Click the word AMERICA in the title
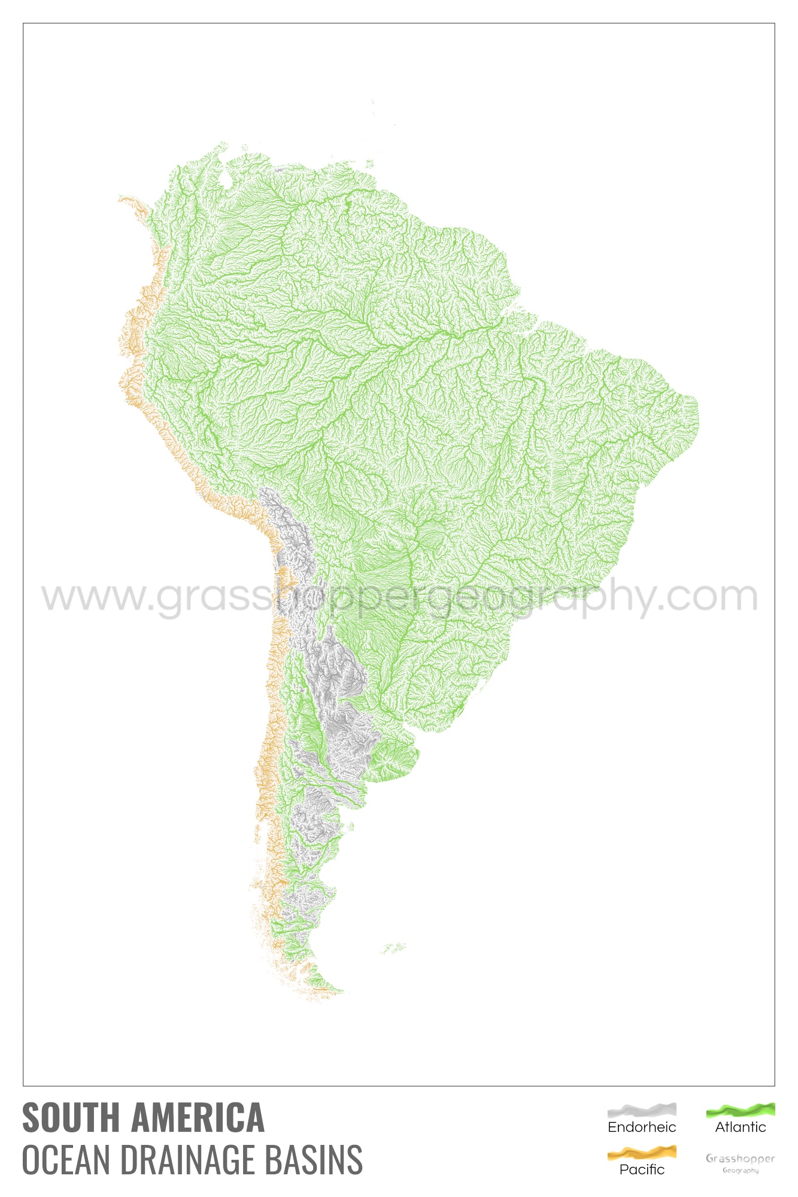tap(198, 1117)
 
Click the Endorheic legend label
tap(642, 1128)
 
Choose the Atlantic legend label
tap(741, 1128)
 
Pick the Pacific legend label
tap(642, 1169)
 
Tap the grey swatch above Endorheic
tap(642, 1111)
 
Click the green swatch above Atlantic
tap(741, 1111)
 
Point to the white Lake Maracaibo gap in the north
tap(225, 177)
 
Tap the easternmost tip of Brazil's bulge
tap(697, 413)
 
